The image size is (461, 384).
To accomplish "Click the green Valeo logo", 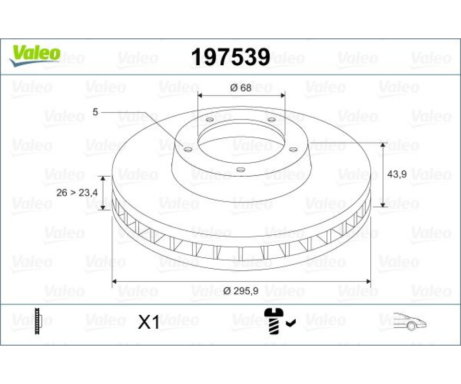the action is (35, 55).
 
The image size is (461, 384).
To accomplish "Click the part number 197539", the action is (230, 57).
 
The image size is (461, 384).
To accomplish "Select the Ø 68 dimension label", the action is (241, 87).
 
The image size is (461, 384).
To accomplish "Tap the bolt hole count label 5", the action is (95, 112).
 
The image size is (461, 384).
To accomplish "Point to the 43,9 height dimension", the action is (397, 174).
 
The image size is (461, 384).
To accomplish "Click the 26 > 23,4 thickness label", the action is (77, 193).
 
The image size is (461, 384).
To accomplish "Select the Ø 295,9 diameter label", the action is (241, 291).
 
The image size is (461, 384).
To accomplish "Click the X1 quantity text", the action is (149, 322).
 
